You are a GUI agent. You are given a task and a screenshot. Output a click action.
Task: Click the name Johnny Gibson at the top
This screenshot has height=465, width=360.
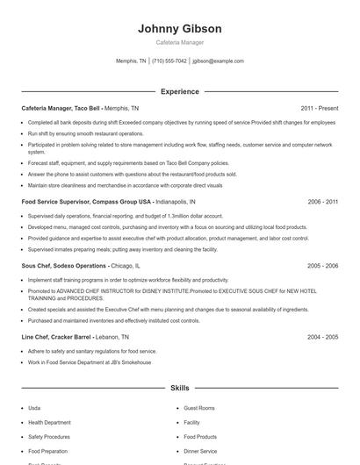(x=179, y=29)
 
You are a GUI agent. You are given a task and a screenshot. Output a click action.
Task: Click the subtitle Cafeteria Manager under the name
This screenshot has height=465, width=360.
(x=179, y=43)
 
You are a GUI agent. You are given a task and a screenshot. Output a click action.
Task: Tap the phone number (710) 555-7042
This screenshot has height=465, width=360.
(x=169, y=61)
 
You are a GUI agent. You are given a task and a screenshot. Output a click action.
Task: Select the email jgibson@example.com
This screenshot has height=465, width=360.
(x=218, y=61)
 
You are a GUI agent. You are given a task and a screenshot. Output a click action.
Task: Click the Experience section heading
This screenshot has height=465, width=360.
(x=179, y=91)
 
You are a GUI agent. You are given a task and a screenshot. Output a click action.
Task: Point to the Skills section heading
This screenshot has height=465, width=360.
(x=179, y=388)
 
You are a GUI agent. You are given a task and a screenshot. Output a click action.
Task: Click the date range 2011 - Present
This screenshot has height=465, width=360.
(x=320, y=108)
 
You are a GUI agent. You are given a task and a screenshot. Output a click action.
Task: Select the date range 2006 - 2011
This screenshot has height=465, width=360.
(x=323, y=202)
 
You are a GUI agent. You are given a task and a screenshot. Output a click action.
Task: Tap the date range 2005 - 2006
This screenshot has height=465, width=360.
(x=323, y=265)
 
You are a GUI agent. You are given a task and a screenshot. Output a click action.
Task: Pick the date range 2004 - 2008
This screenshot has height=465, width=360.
(x=323, y=337)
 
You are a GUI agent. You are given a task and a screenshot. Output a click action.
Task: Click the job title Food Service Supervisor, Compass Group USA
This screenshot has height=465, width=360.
(x=86, y=202)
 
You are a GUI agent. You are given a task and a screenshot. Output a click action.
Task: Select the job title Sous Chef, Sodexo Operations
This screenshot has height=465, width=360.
(x=65, y=265)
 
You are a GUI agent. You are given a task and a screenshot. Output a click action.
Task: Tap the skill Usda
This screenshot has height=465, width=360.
(x=34, y=409)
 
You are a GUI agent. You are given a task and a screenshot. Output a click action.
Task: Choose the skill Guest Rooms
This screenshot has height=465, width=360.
(x=199, y=409)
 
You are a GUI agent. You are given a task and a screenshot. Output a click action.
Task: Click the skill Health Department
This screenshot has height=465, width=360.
(x=49, y=423)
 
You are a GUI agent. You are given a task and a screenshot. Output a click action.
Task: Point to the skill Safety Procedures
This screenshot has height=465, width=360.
(x=49, y=437)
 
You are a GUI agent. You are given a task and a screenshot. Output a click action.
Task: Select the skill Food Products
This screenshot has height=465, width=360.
(x=200, y=437)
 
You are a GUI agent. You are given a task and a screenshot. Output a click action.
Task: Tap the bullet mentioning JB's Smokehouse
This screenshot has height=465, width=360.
(x=90, y=362)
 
